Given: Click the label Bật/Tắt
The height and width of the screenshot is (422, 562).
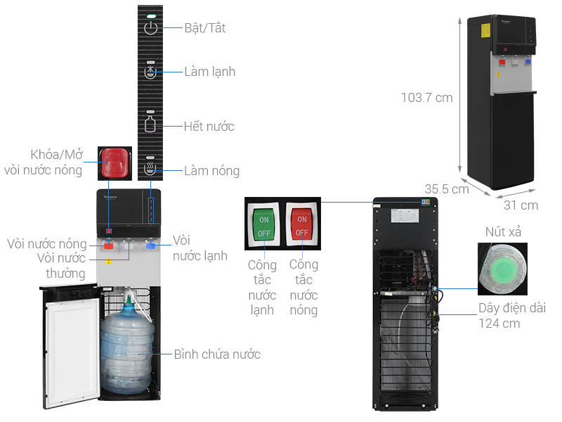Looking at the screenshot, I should pos(204,28).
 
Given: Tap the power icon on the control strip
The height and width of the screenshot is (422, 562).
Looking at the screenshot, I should pos(151,28).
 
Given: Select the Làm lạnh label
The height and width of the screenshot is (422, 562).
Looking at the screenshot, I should pos(209,72).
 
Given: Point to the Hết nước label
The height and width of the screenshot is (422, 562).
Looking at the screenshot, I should pos(209,127).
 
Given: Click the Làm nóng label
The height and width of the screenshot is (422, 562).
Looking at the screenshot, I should pos(211,171).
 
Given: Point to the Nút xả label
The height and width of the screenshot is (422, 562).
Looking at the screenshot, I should pos(503,232).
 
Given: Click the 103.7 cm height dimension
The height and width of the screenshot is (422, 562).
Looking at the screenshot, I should pos(427,98).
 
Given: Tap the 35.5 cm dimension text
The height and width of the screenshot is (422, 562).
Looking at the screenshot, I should pos(446,188).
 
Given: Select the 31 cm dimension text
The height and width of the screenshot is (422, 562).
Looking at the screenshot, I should pos(521,205).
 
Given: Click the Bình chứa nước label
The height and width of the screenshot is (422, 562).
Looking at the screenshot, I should pos(217,354).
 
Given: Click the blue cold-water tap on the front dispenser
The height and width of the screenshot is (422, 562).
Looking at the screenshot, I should pos(151,246).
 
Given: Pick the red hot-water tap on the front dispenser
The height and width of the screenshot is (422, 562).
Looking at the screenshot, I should pos(109,247).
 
